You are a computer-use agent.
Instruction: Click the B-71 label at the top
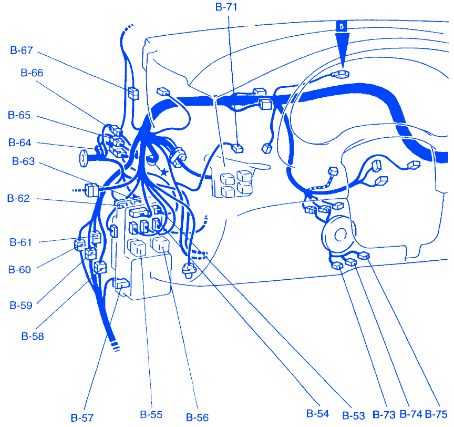[226, 7]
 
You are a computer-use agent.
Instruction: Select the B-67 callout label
[22, 50]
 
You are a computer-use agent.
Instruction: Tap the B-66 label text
[32, 73]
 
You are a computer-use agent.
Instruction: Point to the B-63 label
[23, 161]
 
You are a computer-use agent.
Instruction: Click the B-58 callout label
[33, 337]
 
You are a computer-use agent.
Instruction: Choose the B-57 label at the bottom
[82, 418]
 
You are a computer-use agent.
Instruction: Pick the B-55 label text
[151, 414]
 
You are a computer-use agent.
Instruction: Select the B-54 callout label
[317, 414]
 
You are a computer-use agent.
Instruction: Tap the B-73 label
[384, 415]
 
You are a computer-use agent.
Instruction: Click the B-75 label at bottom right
[436, 414]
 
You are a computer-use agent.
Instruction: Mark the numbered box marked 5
[342, 26]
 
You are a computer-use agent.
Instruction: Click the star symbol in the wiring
[164, 172]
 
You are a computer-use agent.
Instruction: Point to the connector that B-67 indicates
[133, 93]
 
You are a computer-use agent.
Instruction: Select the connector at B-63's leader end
[92, 190]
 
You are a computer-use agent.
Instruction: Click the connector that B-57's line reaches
[122, 283]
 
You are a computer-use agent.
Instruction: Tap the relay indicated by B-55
[137, 247]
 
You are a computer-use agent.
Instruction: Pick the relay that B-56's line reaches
[160, 244]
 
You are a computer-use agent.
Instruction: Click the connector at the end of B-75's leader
[364, 256]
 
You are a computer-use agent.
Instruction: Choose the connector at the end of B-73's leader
[337, 266]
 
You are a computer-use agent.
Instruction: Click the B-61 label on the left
[20, 242]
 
